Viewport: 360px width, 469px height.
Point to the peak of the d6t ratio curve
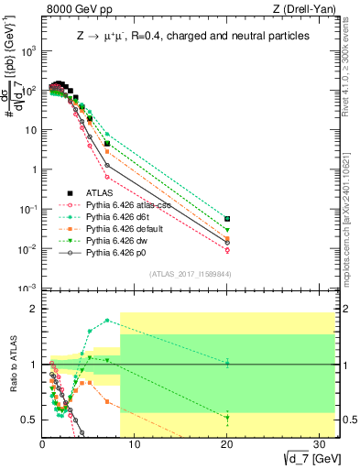[x=107, y=321]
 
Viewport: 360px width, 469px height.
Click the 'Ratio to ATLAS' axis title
[x=12, y=365]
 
